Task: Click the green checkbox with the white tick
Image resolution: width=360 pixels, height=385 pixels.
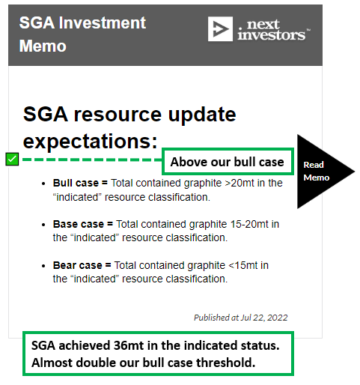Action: point(12,159)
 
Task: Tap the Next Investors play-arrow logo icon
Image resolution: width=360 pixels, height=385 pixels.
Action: point(220,29)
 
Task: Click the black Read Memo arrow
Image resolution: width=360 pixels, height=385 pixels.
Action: point(324,172)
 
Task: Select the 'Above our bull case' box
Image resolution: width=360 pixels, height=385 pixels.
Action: point(228,162)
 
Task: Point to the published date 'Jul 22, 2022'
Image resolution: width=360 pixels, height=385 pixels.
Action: point(264,318)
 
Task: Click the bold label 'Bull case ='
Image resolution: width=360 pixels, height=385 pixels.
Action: point(80,183)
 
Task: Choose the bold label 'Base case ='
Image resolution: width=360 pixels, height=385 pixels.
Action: point(83,224)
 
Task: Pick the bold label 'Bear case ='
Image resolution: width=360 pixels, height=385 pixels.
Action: point(82,265)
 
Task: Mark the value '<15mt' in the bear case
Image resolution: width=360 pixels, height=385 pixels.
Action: point(243,265)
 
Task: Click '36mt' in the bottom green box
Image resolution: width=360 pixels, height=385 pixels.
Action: point(129,345)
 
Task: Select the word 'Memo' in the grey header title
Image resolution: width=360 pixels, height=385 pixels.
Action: point(43,46)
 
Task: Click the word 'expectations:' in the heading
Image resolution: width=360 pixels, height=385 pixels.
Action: point(91,142)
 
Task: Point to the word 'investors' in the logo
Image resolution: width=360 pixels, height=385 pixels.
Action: point(271,34)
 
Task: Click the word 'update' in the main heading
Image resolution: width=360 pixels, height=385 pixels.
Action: point(202,115)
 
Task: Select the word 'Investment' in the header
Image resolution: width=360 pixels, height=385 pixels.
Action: point(103,22)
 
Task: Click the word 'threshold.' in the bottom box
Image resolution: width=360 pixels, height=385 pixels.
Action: point(226,363)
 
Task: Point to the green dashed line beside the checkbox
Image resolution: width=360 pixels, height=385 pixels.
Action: point(92,160)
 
